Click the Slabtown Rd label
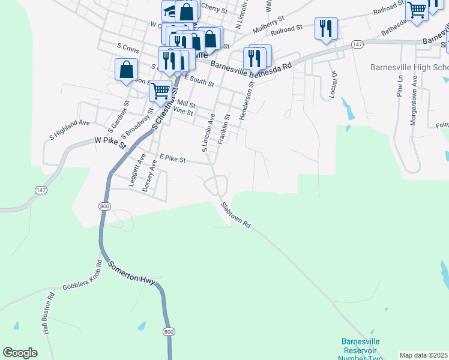point(235,214)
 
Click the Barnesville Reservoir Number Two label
point(361,349)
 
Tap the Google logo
point(20,353)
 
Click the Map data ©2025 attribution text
point(424,355)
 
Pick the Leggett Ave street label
point(137,170)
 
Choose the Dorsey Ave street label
point(149,176)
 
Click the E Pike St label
point(173,160)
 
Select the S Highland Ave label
point(69,130)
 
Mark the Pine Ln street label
point(399,87)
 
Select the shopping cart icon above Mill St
point(160,91)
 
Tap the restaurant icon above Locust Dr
point(326,28)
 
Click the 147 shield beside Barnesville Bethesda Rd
point(358,44)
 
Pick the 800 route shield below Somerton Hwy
point(169,331)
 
